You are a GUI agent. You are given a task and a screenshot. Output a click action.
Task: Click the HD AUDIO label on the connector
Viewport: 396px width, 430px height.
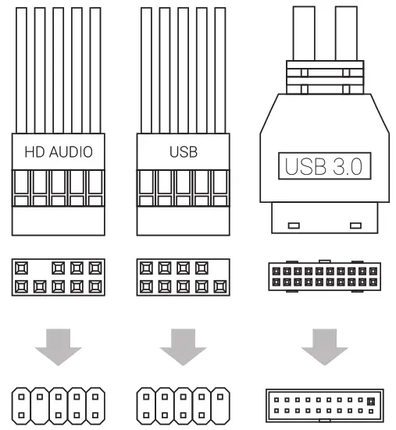59,151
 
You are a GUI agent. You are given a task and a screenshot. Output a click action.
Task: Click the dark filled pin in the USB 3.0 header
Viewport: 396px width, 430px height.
370,401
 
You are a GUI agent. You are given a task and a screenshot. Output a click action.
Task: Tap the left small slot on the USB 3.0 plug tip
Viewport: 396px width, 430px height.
294,226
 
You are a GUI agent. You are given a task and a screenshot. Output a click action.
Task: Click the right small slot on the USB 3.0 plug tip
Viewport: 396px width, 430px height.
357,226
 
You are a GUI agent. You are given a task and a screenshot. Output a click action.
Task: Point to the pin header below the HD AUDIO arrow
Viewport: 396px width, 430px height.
59,405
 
